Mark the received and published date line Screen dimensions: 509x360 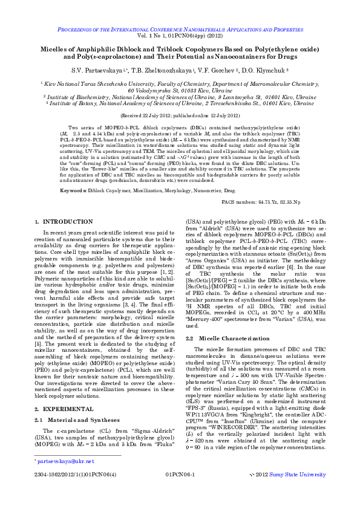coord(180,114)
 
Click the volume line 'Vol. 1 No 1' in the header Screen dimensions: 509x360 coord(180,36)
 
